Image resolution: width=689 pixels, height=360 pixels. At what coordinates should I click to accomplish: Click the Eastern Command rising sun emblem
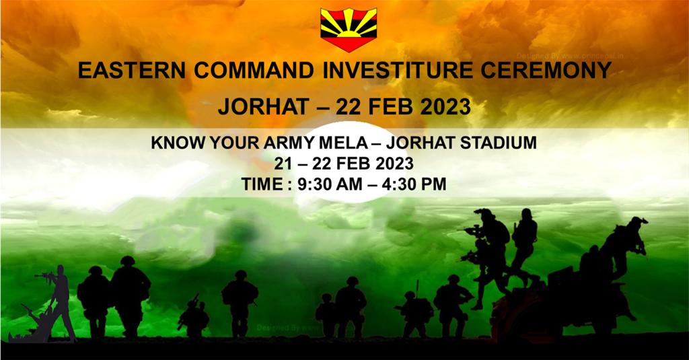click(349, 29)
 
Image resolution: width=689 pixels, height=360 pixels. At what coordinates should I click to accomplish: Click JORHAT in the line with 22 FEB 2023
click(258, 106)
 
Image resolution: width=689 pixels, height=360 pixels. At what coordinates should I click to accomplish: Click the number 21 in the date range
click(283, 164)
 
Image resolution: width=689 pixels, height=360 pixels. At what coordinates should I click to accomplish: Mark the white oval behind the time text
click(344, 161)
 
